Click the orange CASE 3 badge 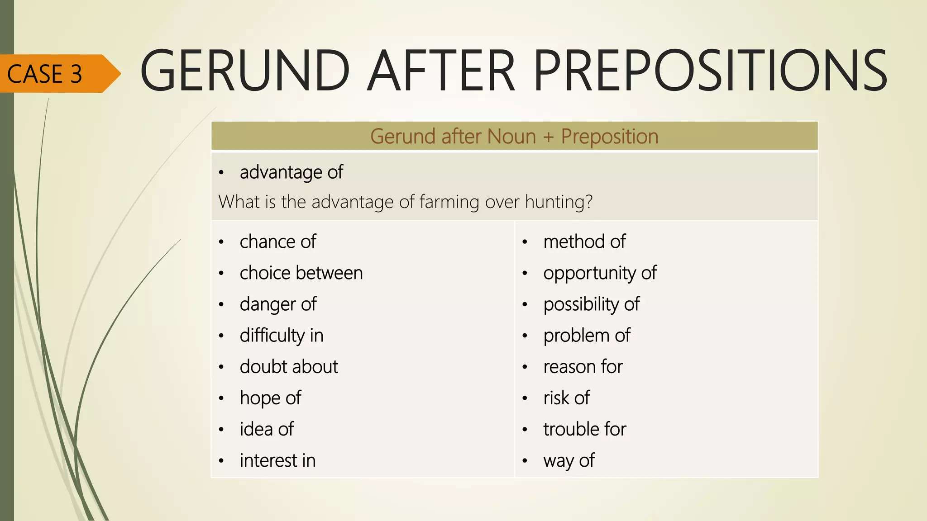[x=50, y=74]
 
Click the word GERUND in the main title [x=245, y=71]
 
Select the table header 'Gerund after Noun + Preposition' [x=514, y=136]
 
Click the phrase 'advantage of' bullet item [x=291, y=172]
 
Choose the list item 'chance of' [x=277, y=242]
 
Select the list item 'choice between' [x=301, y=273]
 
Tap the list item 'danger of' [x=278, y=304]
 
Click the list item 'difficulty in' [x=282, y=336]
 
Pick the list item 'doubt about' [x=289, y=367]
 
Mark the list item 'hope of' [x=270, y=398]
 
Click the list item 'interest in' [x=277, y=460]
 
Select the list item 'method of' [x=584, y=242]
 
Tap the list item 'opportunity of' [x=600, y=273]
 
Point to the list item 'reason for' [x=583, y=367]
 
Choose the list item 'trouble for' [x=585, y=429]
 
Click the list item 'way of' [x=569, y=460]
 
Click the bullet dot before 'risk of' [x=525, y=398]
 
